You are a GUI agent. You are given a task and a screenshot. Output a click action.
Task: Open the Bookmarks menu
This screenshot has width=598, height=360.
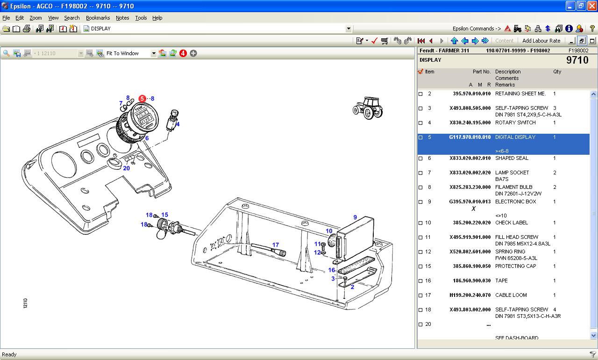(98, 18)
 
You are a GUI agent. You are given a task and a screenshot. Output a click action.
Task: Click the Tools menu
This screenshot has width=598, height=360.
(141, 18)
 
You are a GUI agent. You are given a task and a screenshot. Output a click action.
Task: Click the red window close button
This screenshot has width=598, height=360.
(592, 6)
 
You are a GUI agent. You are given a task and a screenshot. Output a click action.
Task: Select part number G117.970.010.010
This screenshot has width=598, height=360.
(470, 137)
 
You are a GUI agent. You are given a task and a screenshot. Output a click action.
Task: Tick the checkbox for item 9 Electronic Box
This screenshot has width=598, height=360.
(420, 202)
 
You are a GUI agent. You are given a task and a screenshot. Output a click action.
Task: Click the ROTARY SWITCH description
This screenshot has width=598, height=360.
(515, 122)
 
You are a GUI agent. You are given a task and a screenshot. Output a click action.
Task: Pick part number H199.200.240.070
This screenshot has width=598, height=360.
(470, 295)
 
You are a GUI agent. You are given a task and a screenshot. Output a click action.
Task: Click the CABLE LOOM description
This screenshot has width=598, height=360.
(511, 295)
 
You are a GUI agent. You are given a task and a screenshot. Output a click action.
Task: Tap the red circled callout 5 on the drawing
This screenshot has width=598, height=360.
(142, 99)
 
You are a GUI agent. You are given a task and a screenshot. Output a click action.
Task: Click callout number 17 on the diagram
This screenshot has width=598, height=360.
(276, 245)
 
